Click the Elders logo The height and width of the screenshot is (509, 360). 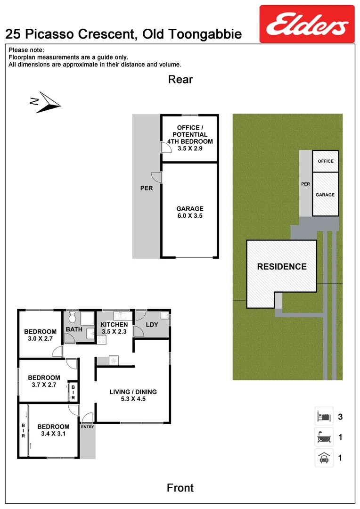(307, 24)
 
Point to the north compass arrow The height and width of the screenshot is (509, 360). (45, 102)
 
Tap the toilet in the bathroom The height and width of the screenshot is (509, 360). (72, 316)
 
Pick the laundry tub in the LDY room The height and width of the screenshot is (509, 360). (164, 316)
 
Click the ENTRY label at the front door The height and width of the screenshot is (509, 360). (87, 427)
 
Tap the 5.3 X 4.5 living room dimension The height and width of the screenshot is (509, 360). (133, 400)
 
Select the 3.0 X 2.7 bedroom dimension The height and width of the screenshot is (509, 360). (41, 339)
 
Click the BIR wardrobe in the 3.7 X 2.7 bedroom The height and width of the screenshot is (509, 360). (73, 392)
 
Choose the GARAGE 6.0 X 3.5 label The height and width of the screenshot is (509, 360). (190, 212)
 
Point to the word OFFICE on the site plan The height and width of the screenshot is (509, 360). (325, 161)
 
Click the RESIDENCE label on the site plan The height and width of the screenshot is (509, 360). (281, 266)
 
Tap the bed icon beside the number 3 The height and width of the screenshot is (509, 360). (324, 417)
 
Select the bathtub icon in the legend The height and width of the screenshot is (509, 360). (324, 437)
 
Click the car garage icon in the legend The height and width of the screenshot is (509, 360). (324, 458)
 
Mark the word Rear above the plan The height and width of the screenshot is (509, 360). (180, 79)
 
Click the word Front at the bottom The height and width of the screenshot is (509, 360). (180, 488)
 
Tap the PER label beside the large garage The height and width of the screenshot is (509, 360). (147, 188)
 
